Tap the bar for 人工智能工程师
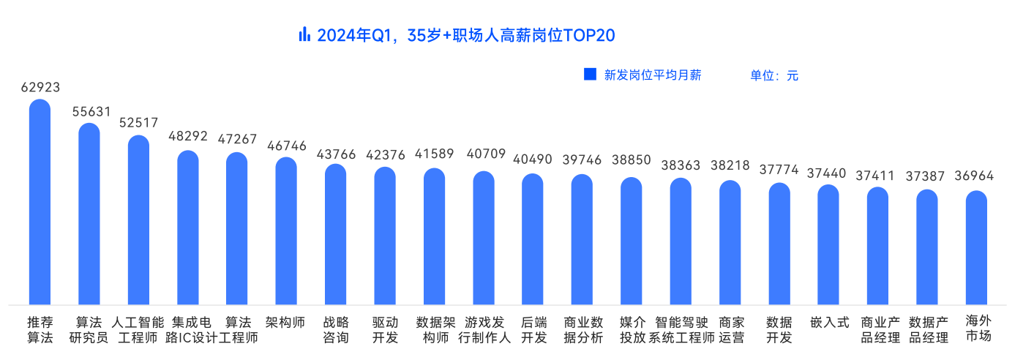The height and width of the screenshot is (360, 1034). pos(138,220)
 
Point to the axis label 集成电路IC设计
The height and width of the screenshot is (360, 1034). pos(188,330)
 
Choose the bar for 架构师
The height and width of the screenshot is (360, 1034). pos(286,230)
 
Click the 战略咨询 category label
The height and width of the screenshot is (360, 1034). pos(336,330)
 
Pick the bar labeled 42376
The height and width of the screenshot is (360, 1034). pos(385,236)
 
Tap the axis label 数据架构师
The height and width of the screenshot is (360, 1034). pos(435,330)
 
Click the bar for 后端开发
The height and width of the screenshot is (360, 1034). pos(533,239)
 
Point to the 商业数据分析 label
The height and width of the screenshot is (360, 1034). pos(582,330)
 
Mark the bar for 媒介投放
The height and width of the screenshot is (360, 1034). pos(632,241)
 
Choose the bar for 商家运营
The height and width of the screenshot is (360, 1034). pos(730,242)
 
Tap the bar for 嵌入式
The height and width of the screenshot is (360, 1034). pos(828,244)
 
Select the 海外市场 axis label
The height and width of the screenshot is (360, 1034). pos(977,330)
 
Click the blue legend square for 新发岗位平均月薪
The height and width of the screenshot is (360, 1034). pos(590,74)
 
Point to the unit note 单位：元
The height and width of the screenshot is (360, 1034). pos(773,75)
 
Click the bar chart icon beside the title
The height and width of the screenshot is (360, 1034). pos(304,34)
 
